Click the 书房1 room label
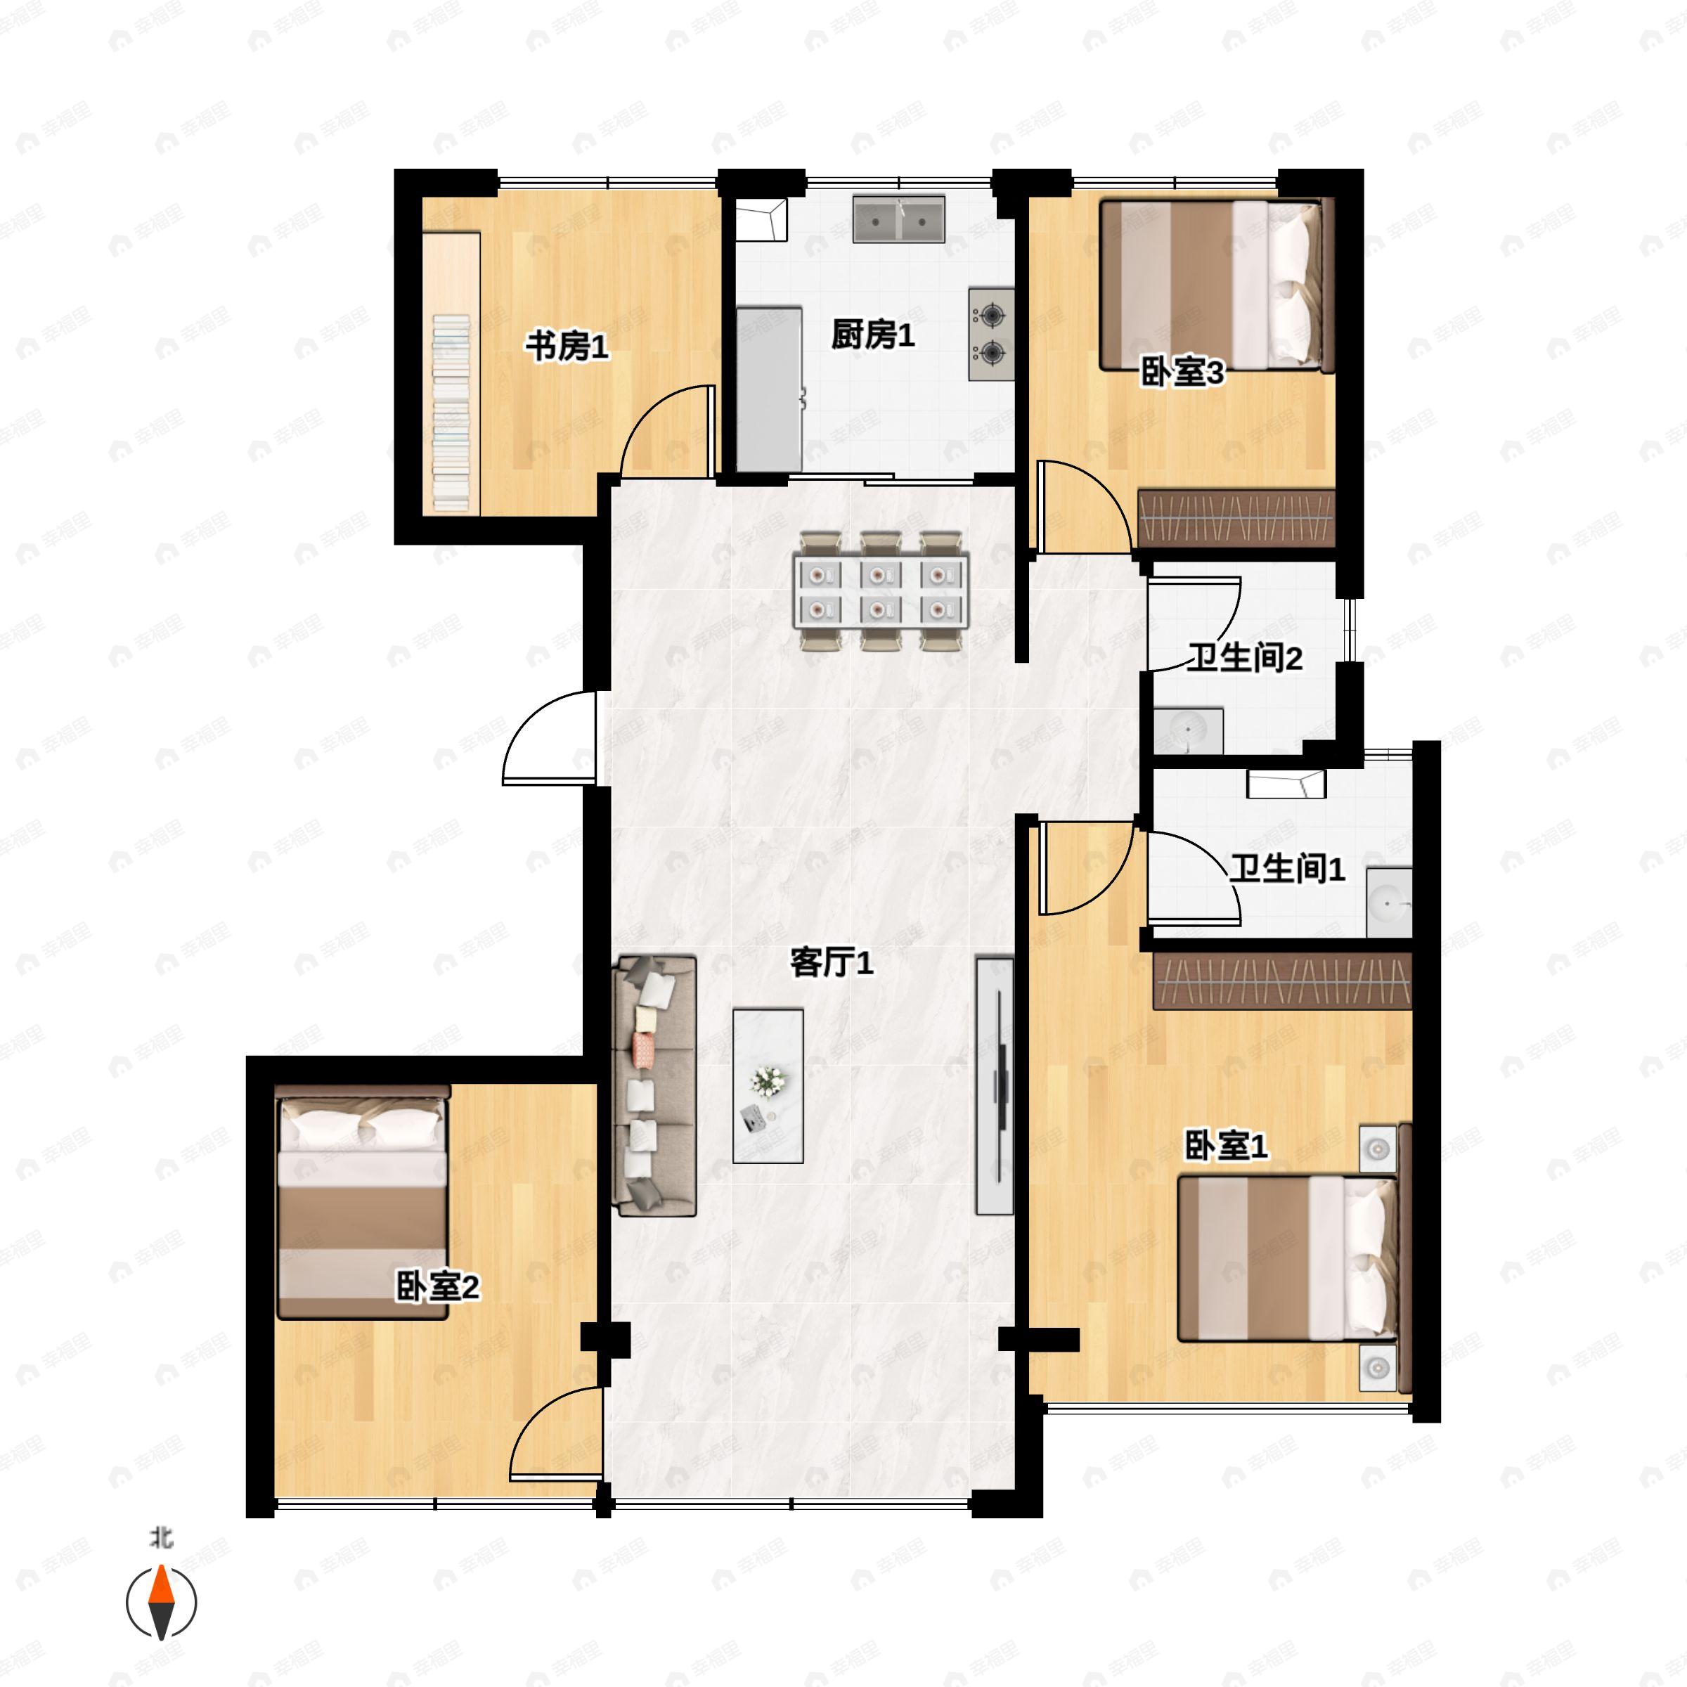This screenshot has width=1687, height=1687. (x=566, y=347)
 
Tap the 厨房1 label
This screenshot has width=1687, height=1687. (x=872, y=335)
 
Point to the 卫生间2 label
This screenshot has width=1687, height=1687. (x=1244, y=657)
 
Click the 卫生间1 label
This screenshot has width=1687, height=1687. (x=1287, y=869)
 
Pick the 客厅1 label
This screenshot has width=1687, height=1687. (x=832, y=964)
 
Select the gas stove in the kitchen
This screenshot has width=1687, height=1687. (x=991, y=335)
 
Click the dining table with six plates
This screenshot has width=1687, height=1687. (x=881, y=591)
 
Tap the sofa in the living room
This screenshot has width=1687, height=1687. (x=657, y=1086)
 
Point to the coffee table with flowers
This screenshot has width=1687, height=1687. (x=768, y=1086)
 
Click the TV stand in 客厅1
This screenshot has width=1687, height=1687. (x=995, y=1085)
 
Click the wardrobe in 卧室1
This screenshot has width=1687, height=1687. (x=1282, y=981)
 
